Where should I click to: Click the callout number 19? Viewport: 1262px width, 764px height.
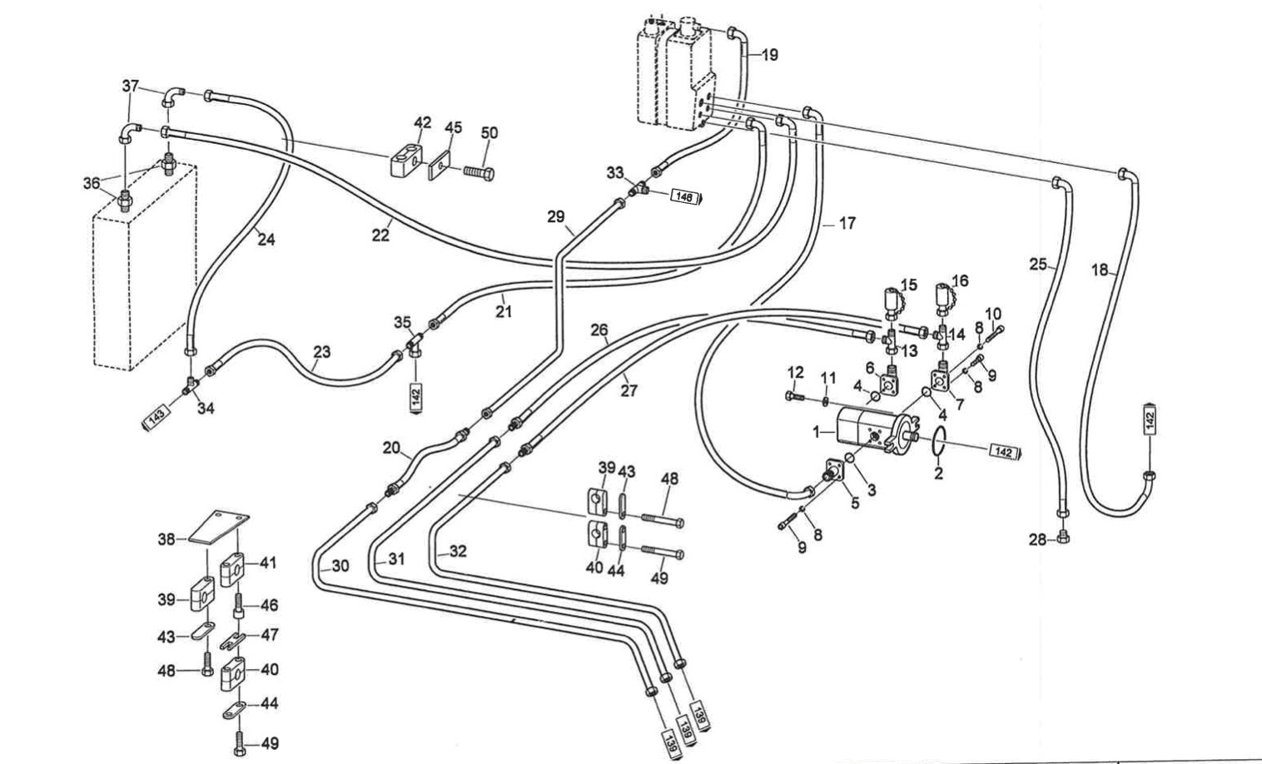769,55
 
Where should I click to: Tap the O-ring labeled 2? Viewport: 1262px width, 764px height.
937,442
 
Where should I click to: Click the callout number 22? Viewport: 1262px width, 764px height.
380,236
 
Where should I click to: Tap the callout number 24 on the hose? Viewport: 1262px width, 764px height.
266,240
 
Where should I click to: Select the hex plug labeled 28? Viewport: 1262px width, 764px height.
1062,539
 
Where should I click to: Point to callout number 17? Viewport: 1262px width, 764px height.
847,223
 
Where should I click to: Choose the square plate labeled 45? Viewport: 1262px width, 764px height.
440,170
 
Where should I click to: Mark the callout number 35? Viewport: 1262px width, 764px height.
403,322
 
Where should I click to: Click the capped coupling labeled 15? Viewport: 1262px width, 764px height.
890,300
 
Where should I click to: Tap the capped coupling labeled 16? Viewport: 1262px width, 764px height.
942,298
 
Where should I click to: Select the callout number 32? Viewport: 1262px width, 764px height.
458,551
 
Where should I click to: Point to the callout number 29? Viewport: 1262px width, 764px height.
556,217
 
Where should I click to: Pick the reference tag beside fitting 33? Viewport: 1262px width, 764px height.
684,198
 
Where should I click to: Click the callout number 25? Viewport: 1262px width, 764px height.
1037,265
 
